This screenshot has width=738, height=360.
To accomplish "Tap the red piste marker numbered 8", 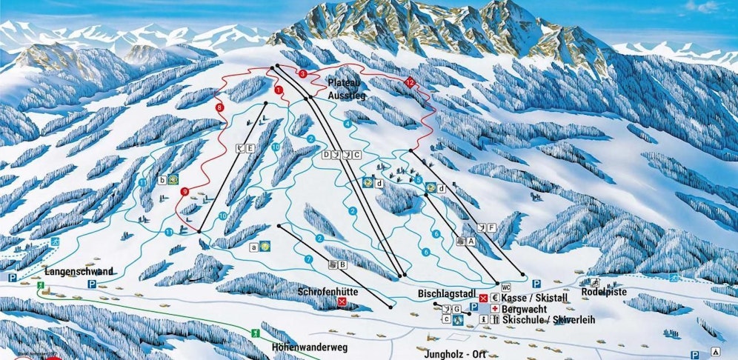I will click(219, 108).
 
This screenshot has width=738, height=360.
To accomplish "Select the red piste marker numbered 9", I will click(184, 192).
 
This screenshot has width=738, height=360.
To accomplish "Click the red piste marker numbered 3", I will click(302, 73).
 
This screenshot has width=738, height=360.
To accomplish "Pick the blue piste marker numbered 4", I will click(347, 124).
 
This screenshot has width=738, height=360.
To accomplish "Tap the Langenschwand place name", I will click(79, 272).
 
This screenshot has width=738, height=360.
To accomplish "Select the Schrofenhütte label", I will click(328, 292).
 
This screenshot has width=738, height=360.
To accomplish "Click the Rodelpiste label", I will click(605, 293).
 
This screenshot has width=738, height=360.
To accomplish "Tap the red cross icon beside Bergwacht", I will click(494, 308).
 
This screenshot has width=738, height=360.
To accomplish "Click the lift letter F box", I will click(491, 227).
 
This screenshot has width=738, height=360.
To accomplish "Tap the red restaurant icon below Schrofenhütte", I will click(342, 303).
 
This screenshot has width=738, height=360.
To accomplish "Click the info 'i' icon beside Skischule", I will click(484, 319).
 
